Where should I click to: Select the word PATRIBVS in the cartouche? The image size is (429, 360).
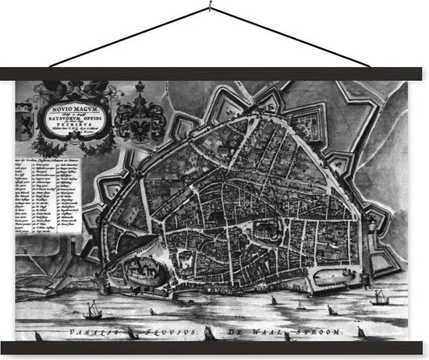[x=76, y=122]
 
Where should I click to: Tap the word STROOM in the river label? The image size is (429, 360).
[x=320, y=332]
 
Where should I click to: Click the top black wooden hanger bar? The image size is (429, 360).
[x=214, y=73]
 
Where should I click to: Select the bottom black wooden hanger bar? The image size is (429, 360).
[x=214, y=348]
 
